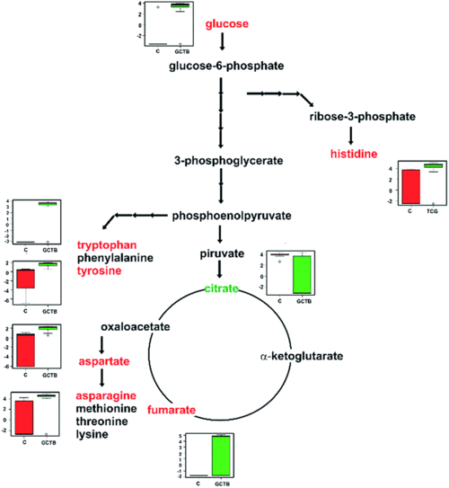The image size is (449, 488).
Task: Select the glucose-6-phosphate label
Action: coord(221,67)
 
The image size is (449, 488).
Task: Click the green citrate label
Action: coord(221,288)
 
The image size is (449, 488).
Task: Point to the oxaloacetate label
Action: coord(135,327)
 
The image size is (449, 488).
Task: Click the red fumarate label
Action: coord(172,410)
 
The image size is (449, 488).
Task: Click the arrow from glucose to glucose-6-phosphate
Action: coord(221,42)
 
